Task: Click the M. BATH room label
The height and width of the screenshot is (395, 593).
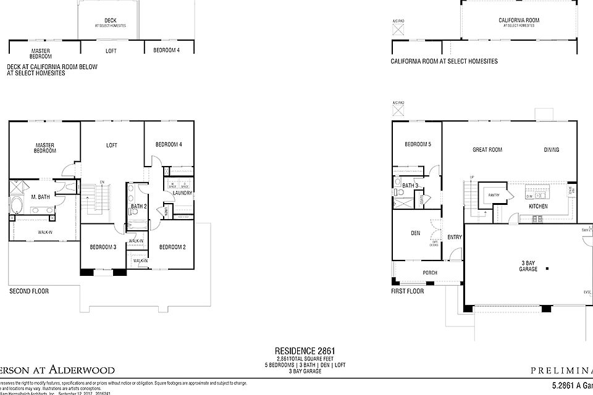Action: [x=41, y=197]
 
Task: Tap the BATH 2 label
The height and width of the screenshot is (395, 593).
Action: [x=138, y=206]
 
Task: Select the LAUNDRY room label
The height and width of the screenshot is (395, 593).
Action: [x=182, y=193]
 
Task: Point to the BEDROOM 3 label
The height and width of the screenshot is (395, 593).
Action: [x=102, y=247]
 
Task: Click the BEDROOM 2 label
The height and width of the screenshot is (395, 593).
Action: [x=172, y=247]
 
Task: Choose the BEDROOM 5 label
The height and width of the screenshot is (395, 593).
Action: [x=418, y=144]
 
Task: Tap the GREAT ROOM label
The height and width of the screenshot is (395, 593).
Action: [x=487, y=149]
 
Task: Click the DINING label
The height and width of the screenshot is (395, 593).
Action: [x=552, y=149]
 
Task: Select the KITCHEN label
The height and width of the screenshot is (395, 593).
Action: [x=538, y=206]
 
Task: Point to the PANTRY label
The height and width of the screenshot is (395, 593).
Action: [x=494, y=195]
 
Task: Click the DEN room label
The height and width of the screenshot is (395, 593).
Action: [x=416, y=233]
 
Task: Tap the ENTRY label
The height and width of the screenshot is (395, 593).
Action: [x=455, y=237]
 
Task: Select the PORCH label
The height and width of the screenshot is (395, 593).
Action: [x=430, y=272]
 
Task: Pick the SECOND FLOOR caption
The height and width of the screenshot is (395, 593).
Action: [x=29, y=291]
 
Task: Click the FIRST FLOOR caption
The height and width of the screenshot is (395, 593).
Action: [x=408, y=291]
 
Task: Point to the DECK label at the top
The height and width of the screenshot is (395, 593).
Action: [x=111, y=20]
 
